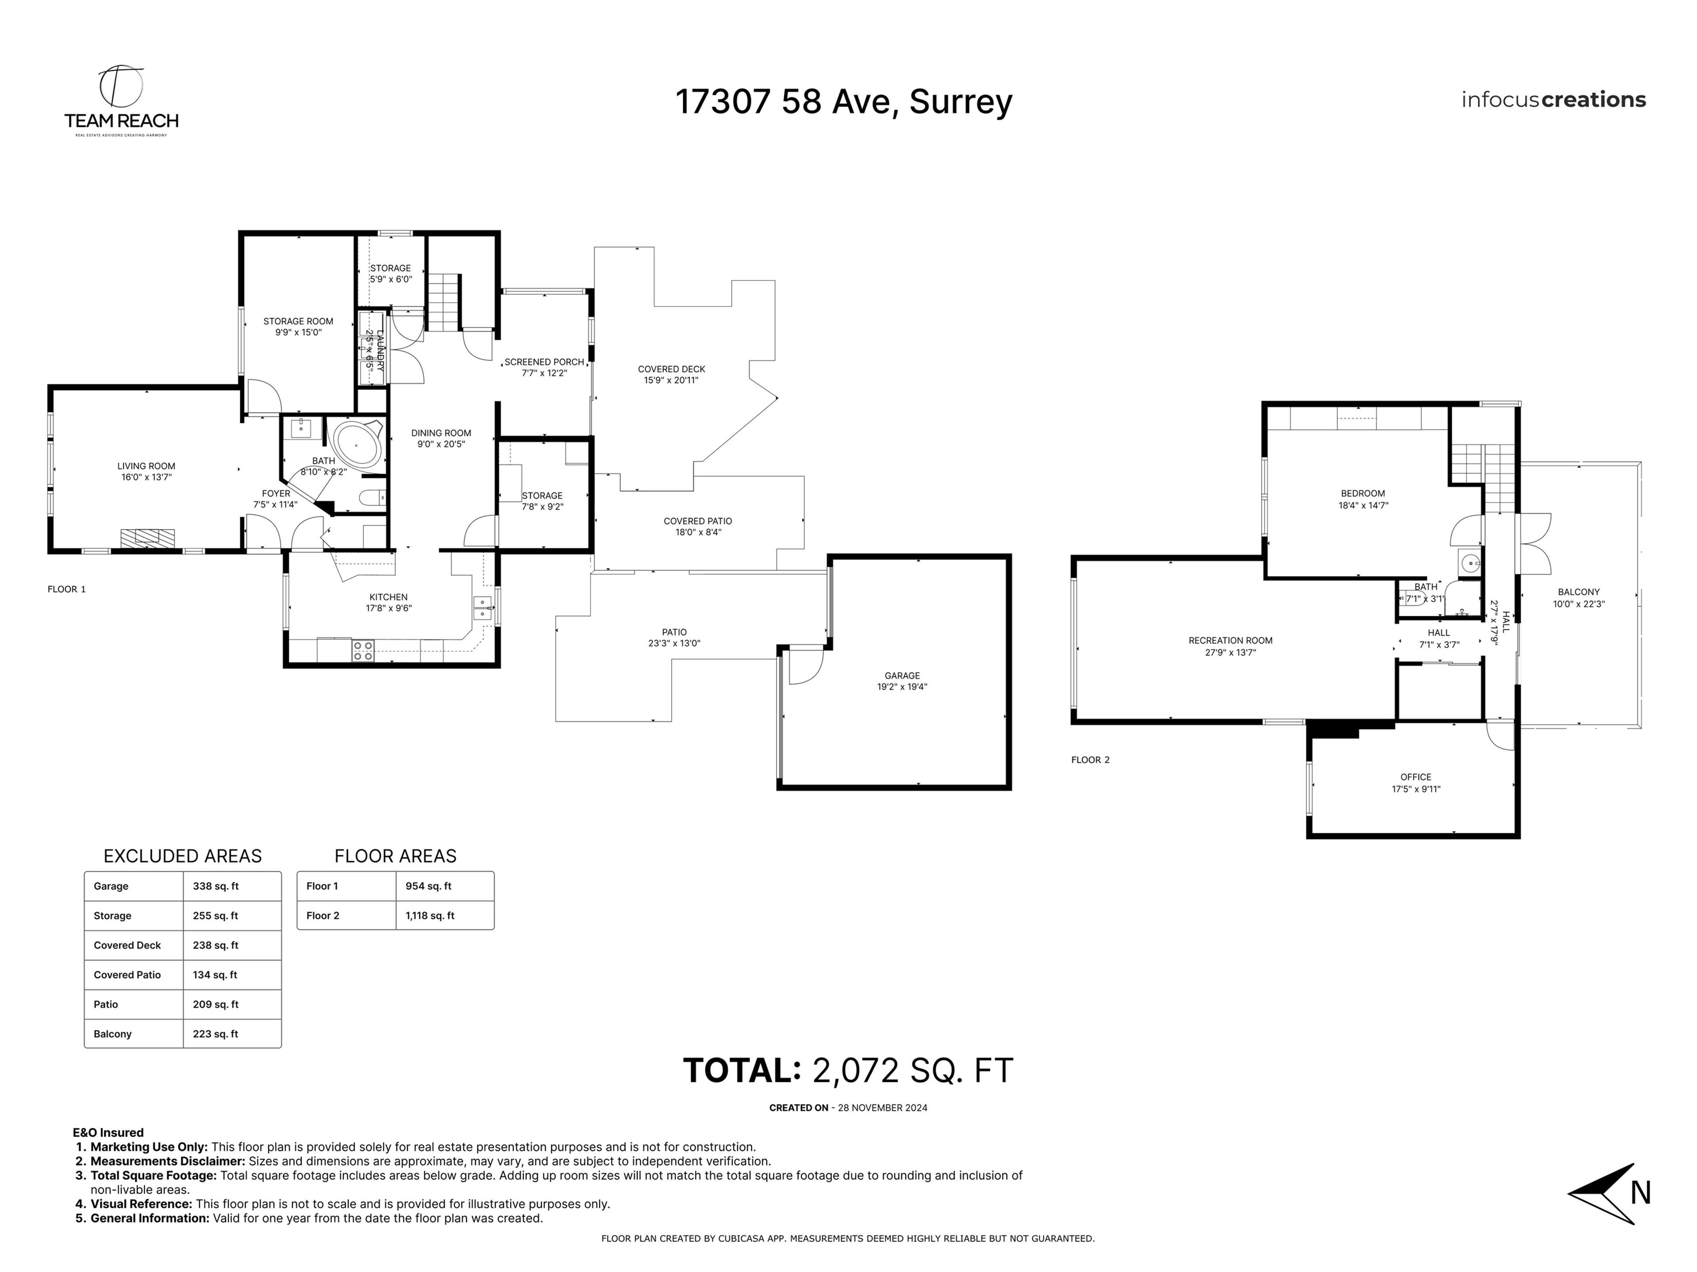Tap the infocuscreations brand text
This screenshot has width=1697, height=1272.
[1553, 100]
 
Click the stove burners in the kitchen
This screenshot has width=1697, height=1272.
[363, 650]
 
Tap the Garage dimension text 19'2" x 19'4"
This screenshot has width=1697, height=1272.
[902, 687]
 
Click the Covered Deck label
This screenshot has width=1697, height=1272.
[671, 369]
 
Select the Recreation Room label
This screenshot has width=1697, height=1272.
[1230, 640]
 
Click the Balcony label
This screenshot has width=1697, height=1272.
[1578, 592]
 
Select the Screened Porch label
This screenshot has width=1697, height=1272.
[544, 361]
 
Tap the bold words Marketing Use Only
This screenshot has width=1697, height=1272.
[149, 1147]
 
